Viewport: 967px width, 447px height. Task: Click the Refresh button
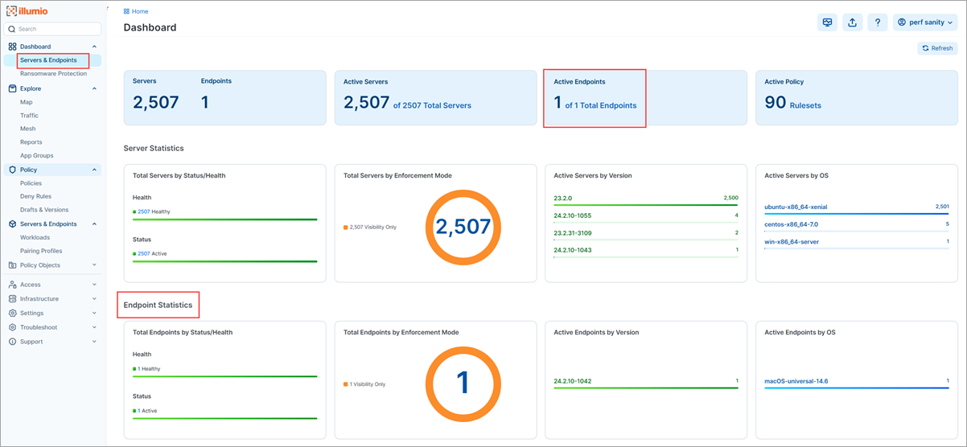937,48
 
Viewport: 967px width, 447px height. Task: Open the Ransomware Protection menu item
53,73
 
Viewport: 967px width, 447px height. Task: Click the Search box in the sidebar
54,29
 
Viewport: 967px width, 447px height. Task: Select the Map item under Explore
27,102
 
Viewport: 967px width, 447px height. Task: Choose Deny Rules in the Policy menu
35,196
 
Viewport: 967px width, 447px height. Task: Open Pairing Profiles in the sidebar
41,251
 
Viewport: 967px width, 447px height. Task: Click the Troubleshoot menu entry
39,327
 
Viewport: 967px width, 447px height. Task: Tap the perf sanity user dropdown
924,23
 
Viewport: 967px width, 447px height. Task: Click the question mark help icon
877,23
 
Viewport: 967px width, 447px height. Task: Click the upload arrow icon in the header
852,23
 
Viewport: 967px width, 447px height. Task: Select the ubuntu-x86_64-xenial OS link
796,207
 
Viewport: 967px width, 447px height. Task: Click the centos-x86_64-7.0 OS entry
791,224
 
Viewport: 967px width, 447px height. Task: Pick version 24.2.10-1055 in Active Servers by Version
573,215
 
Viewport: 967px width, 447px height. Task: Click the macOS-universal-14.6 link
796,381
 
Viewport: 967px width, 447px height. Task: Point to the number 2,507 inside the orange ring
463,227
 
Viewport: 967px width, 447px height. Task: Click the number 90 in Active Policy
775,102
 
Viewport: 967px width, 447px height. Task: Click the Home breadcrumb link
139,11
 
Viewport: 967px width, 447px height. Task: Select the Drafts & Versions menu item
44,210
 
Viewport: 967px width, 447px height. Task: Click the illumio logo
28,11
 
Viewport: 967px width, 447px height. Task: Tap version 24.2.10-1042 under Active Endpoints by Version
573,381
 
